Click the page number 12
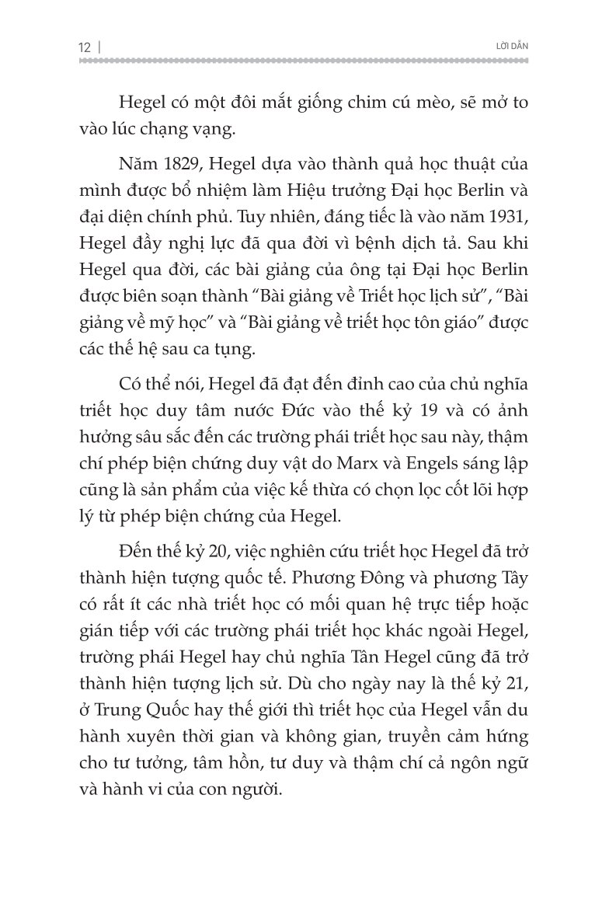pyautogui.click(x=85, y=48)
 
